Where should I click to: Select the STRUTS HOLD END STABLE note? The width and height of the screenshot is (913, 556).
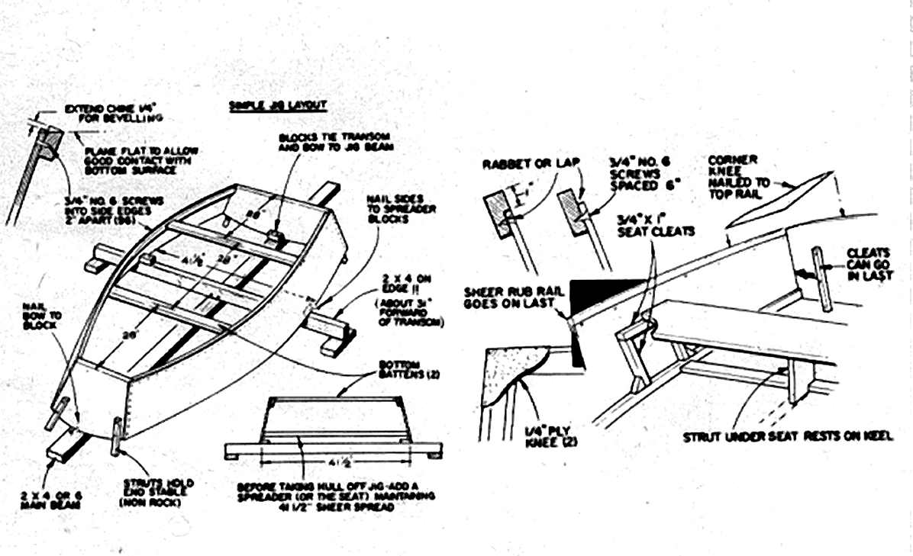tap(159, 493)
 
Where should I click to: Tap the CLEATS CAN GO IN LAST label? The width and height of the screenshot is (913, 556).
tap(869, 263)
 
